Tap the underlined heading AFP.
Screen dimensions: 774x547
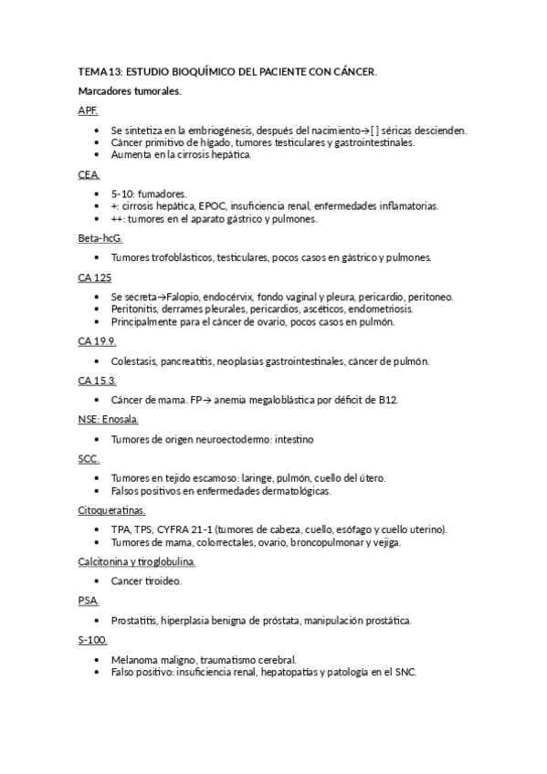pos(88,110)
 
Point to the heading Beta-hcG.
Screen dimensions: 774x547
pos(100,238)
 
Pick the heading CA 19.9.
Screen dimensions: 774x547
pos(97,340)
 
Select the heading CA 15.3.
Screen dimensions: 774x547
pos(97,380)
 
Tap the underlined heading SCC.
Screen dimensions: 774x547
pos(89,458)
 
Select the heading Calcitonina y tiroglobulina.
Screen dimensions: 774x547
pos(137,561)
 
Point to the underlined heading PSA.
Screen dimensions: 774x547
pos(89,601)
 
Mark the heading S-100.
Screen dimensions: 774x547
pos(92,640)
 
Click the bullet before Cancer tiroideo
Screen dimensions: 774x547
pos(98,581)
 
